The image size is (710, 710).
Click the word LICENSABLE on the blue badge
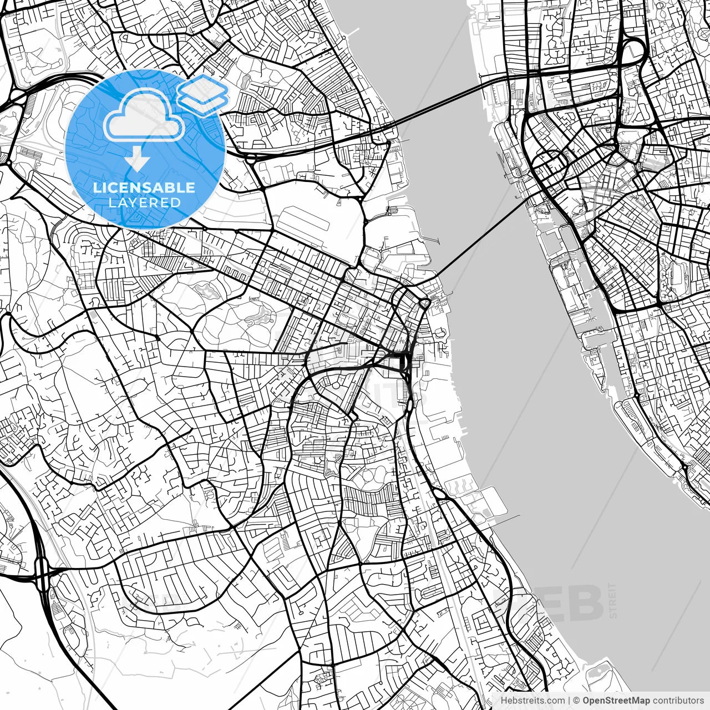(144, 187)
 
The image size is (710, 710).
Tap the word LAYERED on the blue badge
(144, 202)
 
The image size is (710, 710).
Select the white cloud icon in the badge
(144, 115)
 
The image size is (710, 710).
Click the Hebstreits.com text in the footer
(532, 701)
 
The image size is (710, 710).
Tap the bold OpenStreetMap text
(616, 701)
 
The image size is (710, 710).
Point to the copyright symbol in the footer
(577, 701)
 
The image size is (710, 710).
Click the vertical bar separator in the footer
(569, 701)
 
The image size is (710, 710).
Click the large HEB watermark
(549, 603)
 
